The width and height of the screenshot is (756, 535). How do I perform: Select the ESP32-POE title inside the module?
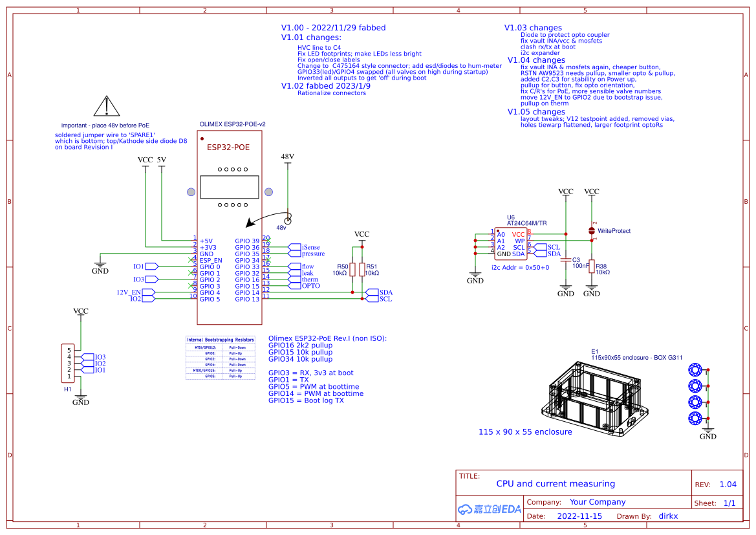(228, 147)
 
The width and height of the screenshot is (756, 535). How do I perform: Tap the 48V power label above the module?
(287, 157)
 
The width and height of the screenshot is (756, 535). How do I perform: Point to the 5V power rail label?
(161, 159)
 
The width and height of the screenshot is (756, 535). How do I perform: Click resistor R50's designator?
(342, 267)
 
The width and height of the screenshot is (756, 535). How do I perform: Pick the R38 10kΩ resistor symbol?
(592, 266)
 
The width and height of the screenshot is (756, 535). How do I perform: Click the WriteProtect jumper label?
(614, 231)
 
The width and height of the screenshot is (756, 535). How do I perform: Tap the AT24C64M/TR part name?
(526, 223)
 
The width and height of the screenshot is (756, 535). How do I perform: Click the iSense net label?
(310, 247)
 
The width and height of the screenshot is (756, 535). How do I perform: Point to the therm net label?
(310, 279)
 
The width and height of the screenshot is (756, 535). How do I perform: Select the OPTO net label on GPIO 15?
(310, 286)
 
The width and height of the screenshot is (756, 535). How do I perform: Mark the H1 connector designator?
(67, 389)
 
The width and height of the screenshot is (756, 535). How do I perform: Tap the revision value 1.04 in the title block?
(728, 485)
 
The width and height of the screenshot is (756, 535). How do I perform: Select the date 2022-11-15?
(579, 516)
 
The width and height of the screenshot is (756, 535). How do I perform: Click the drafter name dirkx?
(668, 516)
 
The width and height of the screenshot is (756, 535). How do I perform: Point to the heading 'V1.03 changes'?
(533, 28)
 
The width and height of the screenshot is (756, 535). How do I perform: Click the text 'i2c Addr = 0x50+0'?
(520, 267)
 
